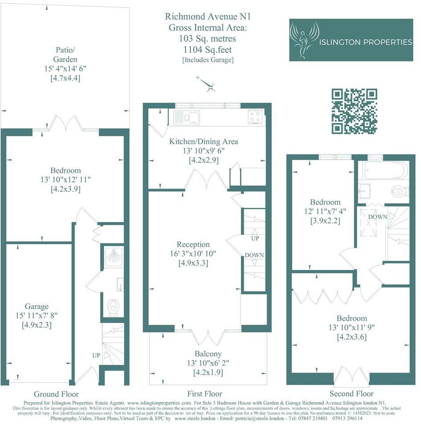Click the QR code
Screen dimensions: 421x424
point(355,111)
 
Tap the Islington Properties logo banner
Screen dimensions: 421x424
point(351,40)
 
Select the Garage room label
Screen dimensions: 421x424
point(37,307)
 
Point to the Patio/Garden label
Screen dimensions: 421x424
point(65,54)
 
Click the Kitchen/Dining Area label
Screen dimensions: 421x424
point(203,141)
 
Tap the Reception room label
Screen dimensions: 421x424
point(193,244)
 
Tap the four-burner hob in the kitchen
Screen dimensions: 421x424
point(255,117)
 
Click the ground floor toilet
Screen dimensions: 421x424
point(113,307)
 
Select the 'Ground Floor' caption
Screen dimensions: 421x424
point(56,394)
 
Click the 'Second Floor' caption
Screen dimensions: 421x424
point(352,394)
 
